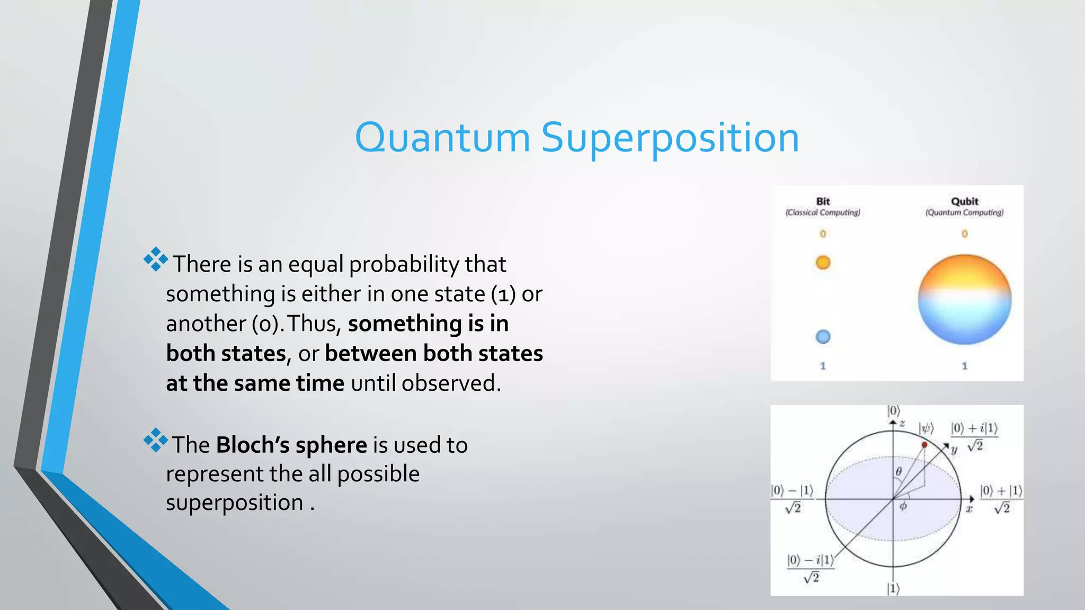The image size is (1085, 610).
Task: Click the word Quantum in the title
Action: (x=442, y=138)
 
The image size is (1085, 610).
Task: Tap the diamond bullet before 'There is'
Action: (x=155, y=259)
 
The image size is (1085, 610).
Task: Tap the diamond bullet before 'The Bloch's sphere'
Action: (x=155, y=440)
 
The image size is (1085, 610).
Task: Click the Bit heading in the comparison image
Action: (x=823, y=201)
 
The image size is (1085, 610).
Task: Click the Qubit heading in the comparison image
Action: (x=964, y=201)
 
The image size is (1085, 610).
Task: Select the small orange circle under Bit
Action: (x=823, y=263)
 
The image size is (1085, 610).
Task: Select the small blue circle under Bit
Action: (x=823, y=337)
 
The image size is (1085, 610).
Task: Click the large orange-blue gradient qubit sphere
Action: (x=964, y=300)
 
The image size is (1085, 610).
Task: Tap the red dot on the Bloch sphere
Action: (x=924, y=445)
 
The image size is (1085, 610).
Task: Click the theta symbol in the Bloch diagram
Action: (x=899, y=471)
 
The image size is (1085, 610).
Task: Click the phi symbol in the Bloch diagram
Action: (x=903, y=507)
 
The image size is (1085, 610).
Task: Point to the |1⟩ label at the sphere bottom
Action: (x=893, y=588)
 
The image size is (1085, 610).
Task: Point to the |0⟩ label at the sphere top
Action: (x=893, y=411)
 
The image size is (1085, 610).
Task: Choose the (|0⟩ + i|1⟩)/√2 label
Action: (x=974, y=436)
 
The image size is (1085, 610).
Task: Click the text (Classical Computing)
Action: (x=823, y=212)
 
